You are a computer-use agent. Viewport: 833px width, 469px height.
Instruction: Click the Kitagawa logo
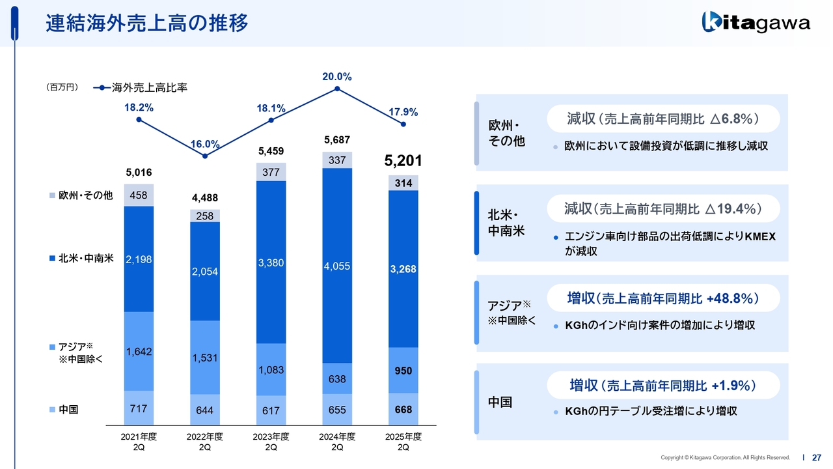756,23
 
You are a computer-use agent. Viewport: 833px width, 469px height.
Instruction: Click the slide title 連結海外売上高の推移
147,23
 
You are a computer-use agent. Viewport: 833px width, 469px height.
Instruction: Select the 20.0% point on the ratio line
337,89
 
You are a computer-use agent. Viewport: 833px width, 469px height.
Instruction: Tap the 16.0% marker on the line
205,156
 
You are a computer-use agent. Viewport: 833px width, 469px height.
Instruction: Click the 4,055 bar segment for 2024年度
337,266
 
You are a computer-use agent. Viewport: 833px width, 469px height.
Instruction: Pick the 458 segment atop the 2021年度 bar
138,195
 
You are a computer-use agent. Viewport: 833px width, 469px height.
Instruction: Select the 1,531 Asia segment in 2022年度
205,358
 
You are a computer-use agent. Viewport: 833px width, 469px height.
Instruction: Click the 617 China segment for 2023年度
271,410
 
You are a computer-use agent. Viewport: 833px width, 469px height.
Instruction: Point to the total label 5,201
403,160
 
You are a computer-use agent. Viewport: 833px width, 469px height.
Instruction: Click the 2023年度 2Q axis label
271,442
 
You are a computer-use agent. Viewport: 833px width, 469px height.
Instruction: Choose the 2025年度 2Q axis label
403,442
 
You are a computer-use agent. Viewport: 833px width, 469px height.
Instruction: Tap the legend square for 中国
52,410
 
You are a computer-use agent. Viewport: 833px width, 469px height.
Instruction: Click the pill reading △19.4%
663,208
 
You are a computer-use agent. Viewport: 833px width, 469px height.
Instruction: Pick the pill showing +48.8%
663,298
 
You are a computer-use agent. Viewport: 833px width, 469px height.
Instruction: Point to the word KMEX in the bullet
761,236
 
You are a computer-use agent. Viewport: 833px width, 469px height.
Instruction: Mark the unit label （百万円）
62,87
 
